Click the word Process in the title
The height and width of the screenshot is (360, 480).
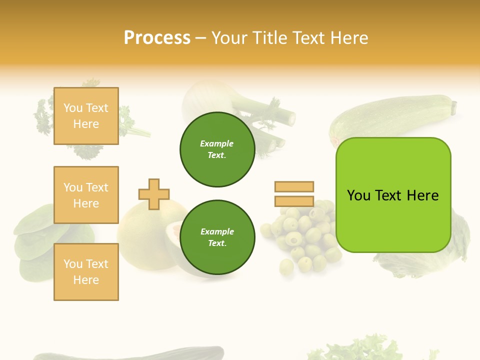coord(157,38)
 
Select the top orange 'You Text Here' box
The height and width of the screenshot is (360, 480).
coord(86,116)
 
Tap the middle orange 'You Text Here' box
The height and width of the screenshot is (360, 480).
coord(86,195)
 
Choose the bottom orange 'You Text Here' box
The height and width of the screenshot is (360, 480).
coord(86,271)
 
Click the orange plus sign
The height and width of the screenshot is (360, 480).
coord(154,194)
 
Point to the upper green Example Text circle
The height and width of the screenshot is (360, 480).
coord(217,149)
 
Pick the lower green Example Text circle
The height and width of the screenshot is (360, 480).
coord(217,237)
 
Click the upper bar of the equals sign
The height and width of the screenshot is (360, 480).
coord(294,186)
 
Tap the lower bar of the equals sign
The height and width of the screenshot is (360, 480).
coord(294,201)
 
